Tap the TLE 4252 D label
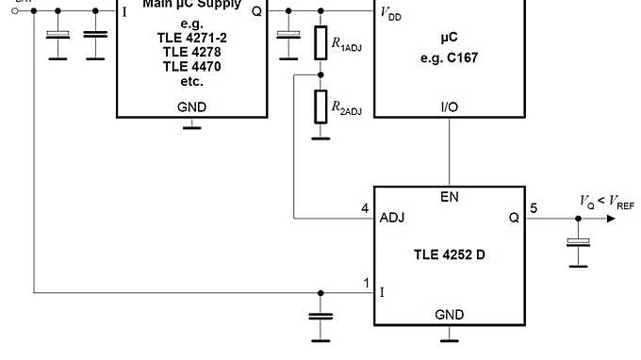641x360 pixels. (449, 255)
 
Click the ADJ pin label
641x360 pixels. (392, 217)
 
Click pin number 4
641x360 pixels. (366, 208)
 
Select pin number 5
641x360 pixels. (534, 208)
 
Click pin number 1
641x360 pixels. (366, 283)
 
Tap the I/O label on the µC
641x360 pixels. (450, 106)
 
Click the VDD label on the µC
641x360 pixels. (389, 14)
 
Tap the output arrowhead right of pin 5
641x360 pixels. (614, 218)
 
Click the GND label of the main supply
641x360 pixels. (191, 106)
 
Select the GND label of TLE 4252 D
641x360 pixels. (449, 314)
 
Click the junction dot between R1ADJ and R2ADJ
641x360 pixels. (320, 74)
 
